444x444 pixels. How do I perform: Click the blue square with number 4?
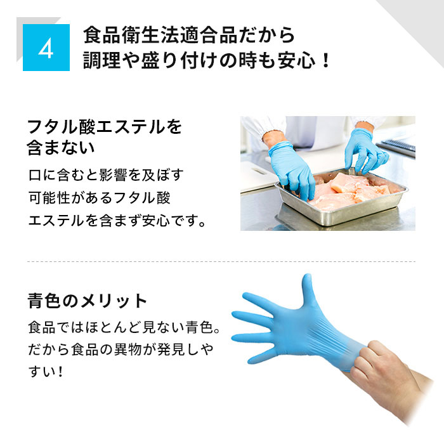tap(46, 48)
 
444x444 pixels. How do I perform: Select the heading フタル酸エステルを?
tap(105, 127)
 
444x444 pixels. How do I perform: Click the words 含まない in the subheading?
tap(62, 150)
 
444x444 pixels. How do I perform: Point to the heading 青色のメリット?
tap(88, 300)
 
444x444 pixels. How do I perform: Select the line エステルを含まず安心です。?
tap(118, 221)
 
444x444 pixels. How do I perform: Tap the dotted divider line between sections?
tap(221, 261)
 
